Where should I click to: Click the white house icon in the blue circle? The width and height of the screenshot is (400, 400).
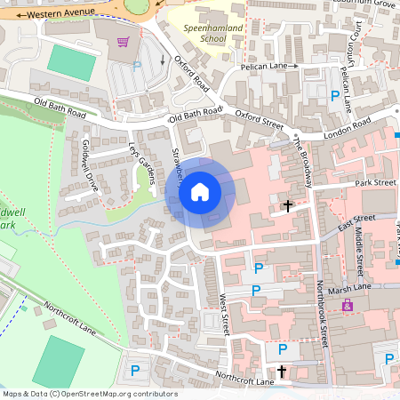[200, 192]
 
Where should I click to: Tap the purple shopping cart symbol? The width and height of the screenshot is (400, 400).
[123, 42]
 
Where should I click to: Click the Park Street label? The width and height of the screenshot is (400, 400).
[374, 182]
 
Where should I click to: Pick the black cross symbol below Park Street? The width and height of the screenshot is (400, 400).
[287, 206]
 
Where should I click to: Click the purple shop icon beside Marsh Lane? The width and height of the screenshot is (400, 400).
[348, 305]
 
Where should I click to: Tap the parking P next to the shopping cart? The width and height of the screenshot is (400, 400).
[137, 64]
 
